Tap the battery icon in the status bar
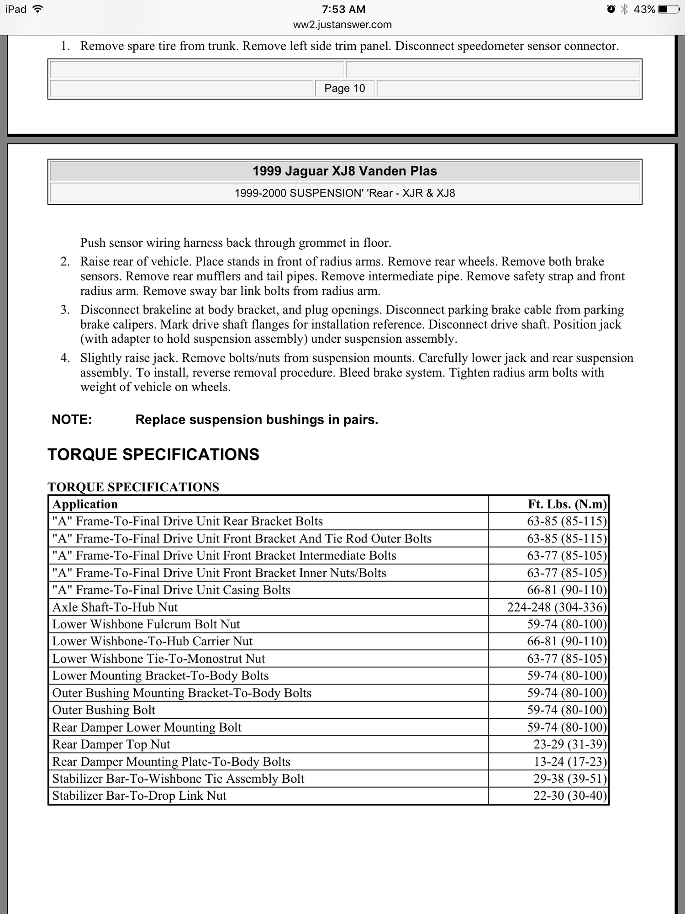pos(668,9)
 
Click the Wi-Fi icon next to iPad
pos(38,9)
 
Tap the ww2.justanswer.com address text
pos(342,25)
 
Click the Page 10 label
pos(345,88)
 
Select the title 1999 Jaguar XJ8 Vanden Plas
pos(345,171)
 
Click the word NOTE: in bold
pos(72,420)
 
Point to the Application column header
pos(85,504)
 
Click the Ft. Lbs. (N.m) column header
pos(567,504)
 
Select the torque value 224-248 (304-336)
pos(557,607)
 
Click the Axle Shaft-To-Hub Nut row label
pos(115,607)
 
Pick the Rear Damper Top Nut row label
pos(111,744)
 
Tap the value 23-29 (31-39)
pos(570,744)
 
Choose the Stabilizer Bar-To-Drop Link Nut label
pos(139,796)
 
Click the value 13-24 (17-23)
pos(570,761)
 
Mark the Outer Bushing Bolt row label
pos(104,710)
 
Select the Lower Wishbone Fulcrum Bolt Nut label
pos(146,624)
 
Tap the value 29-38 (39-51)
pos(570,779)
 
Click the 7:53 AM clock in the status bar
pos(343,9)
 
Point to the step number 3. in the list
pos(65,310)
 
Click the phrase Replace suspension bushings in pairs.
pos(257,420)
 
